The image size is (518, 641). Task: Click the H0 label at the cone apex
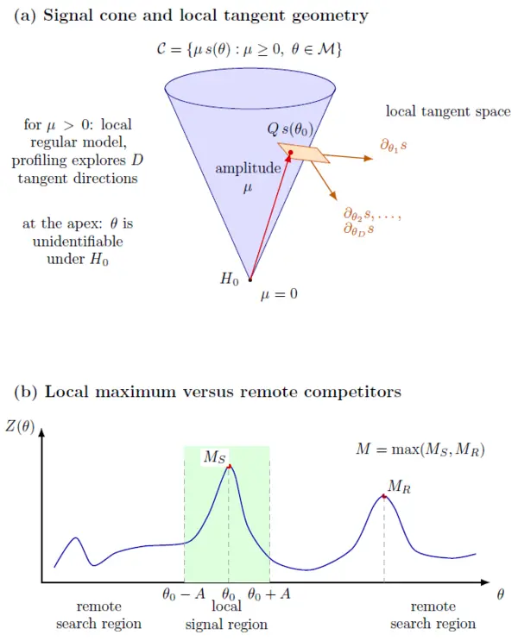tap(229, 280)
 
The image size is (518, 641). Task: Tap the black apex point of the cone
tap(250, 280)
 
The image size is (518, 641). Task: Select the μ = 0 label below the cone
tap(279, 294)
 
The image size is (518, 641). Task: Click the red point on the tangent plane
tap(290, 153)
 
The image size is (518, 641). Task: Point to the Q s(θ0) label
tap(290, 129)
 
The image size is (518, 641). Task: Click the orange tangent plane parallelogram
tap(303, 153)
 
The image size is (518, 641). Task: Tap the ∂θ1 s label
tap(393, 146)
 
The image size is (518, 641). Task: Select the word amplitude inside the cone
tap(248, 168)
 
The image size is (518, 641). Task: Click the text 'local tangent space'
tap(448, 111)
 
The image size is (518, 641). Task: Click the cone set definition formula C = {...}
tap(250, 49)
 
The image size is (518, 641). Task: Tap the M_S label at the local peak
tap(214, 456)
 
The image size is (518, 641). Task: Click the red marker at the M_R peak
tap(384, 496)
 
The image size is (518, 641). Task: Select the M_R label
tap(399, 486)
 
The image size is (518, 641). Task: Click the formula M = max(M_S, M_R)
tap(420, 449)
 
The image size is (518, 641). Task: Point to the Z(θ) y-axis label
tap(20, 426)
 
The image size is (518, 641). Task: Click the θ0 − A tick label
tap(184, 594)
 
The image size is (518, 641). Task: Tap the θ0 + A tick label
tap(268, 594)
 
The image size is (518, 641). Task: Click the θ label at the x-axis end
tap(500, 594)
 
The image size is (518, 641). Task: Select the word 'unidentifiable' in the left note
tap(78, 242)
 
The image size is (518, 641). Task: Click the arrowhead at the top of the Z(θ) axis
tap(41, 432)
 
